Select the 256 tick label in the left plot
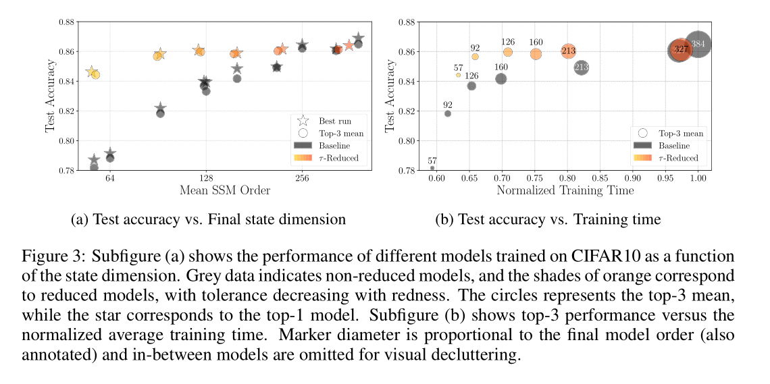(x=302, y=179)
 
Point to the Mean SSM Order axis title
(x=224, y=190)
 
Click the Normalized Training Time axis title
(x=565, y=190)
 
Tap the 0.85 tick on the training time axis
(x=600, y=180)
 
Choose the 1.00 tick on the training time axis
(x=698, y=180)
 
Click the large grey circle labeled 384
(x=698, y=45)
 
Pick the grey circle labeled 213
(x=581, y=67)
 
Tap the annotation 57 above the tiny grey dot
(x=432, y=161)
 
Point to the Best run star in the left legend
(x=303, y=121)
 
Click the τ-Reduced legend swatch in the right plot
(x=643, y=158)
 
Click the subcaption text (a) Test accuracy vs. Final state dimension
(x=209, y=219)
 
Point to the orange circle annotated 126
(x=508, y=52)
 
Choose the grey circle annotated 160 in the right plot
(x=500, y=79)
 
